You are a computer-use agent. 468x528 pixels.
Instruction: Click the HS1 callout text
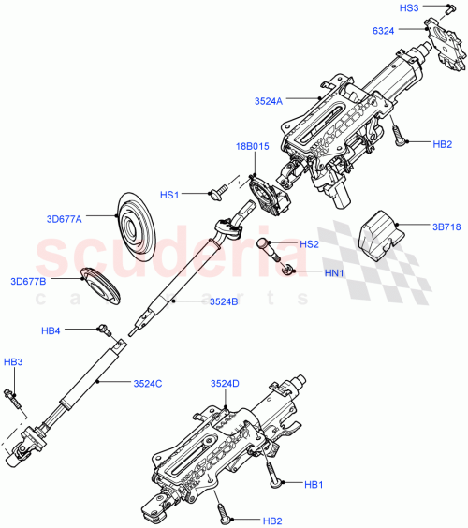point(168,195)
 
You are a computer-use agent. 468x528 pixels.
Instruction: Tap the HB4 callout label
point(51,330)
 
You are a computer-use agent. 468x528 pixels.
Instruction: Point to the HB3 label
point(12,361)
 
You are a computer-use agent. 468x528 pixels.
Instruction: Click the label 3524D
point(225,383)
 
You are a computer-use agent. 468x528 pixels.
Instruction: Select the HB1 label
point(314,485)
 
